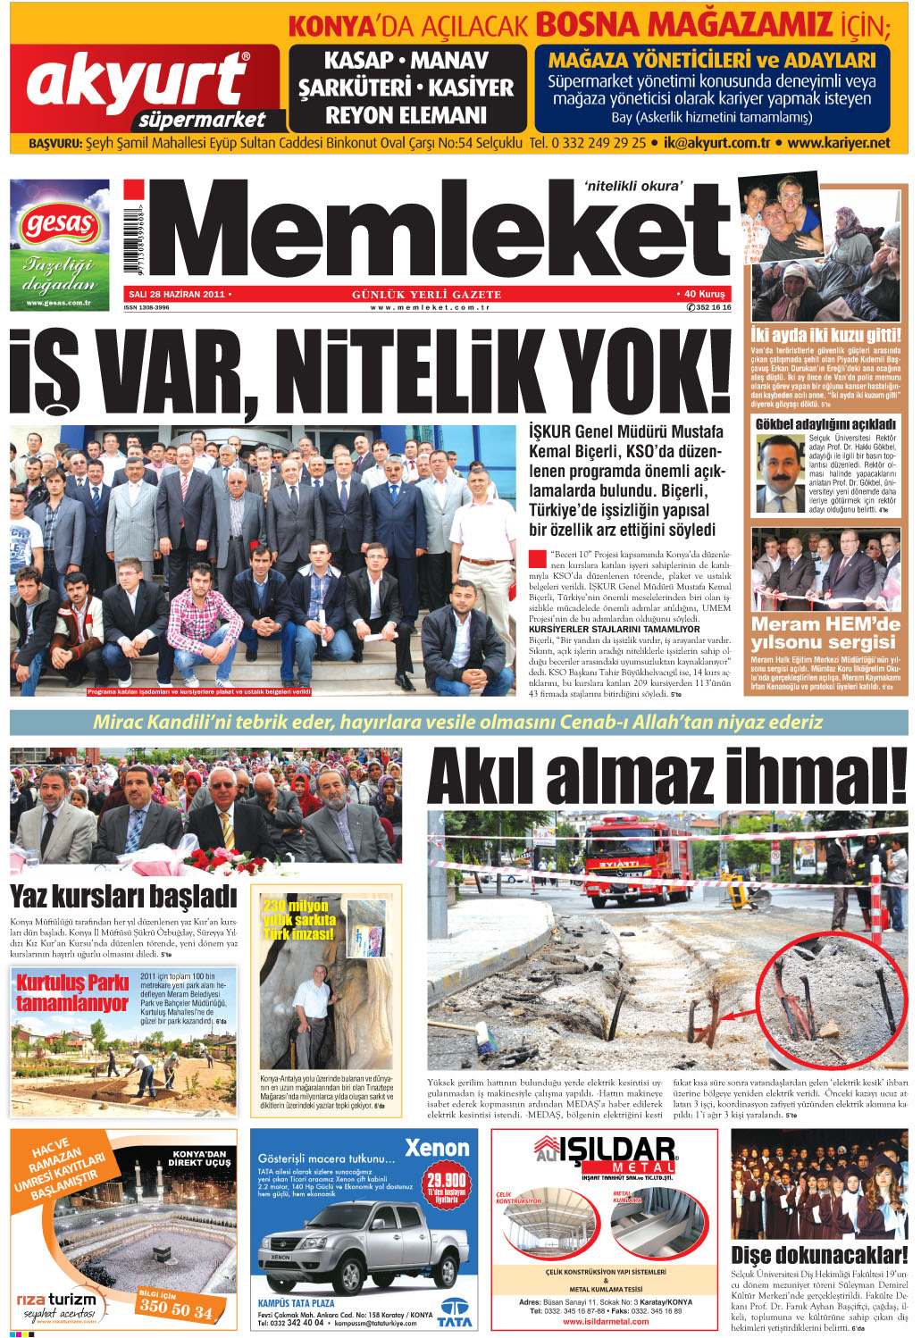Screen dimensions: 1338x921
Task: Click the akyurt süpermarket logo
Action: tap(143, 88)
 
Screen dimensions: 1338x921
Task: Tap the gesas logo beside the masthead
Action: tap(59, 223)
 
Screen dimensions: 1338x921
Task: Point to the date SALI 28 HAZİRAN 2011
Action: tap(177, 294)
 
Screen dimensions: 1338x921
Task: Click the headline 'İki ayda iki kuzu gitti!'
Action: tap(825, 336)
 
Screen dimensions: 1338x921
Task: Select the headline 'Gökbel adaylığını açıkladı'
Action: tap(825, 423)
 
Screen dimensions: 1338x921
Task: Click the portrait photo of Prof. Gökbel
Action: tap(779, 472)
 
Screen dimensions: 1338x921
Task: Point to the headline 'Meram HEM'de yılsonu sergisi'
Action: tap(824, 633)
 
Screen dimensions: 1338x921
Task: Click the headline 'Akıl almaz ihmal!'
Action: tap(666, 778)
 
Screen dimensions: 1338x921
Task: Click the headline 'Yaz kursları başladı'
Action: tap(123, 896)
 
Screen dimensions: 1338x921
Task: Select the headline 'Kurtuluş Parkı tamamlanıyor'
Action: tap(73, 992)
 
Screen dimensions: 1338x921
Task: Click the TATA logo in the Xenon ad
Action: tap(456, 1310)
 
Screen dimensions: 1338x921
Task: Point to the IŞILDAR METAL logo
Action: tap(605, 1157)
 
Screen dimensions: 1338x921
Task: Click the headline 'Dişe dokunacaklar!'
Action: tap(818, 1255)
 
